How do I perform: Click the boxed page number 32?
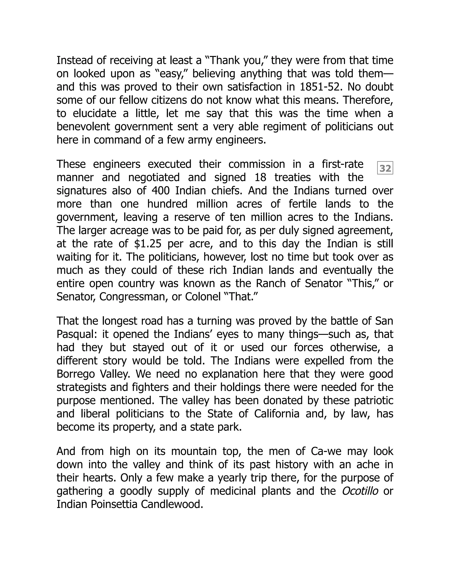click(385, 168)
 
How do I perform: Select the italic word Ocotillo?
click(360, 491)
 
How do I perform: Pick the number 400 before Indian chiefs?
click(160, 191)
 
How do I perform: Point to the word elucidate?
click(95, 114)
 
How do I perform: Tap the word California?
click(276, 414)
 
